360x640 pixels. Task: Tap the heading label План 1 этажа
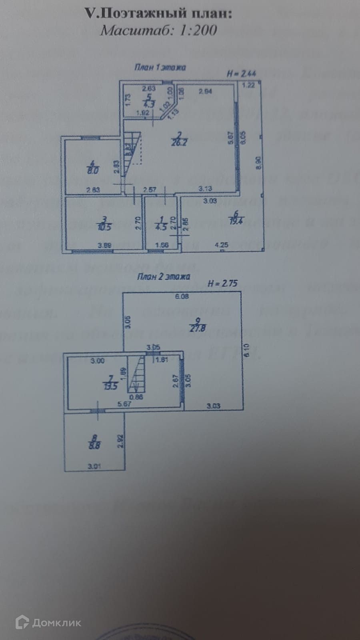pos(160,67)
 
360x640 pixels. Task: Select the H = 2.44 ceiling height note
pos(241,74)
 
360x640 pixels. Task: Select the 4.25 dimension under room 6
pos(222,245)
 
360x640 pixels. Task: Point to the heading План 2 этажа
pos(163,276)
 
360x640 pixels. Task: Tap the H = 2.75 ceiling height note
pos(223,284)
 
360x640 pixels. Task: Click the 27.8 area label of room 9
pos(196,328)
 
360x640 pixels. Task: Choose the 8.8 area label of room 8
pos(93,445)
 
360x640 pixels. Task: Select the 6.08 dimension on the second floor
pos(182,296)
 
